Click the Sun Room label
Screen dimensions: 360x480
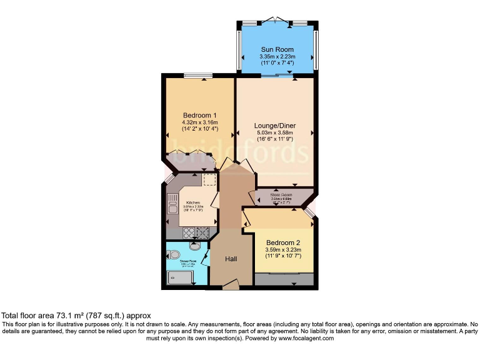click(x=277, y=48)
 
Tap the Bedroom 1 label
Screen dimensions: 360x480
click(x=199, y=115)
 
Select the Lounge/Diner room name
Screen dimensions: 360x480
click(x=274, y=126)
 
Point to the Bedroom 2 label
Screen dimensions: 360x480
click(x=283, y=242)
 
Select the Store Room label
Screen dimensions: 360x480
click(x=281, y=195)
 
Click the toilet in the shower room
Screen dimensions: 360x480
click(x=174, y=254)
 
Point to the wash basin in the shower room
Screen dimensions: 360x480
click(x=194, y=245)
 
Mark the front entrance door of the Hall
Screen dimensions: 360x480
click(x=229, y=286)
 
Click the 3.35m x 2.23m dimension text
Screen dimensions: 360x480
click(x=277, y=57)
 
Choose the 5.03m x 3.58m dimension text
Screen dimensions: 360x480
click(x=274, y=133)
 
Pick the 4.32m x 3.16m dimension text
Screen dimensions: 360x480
click(x=199, y=122)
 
